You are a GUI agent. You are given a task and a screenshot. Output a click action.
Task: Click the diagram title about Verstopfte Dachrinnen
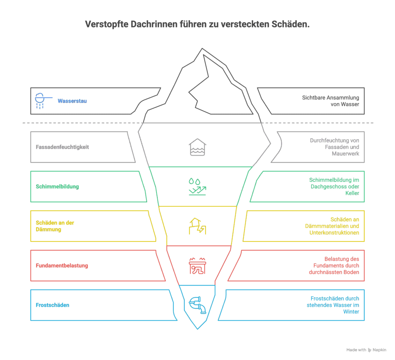point(197,25)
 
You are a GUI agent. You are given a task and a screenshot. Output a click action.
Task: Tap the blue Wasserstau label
point(72,101)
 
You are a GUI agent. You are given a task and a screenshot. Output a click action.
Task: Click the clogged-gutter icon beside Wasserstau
point(40,101)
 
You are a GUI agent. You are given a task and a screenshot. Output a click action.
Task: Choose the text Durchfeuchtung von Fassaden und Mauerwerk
point(334,147)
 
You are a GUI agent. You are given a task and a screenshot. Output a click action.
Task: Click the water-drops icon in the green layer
point(197,187)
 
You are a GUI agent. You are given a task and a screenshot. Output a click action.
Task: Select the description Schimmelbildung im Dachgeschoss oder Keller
point(334,187)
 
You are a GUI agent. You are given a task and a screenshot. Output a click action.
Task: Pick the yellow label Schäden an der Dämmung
point(55,226)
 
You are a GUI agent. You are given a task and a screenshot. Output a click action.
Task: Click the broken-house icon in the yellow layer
point(197,226)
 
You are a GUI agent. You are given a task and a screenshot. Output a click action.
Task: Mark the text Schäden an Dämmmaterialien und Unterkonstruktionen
point(334,226)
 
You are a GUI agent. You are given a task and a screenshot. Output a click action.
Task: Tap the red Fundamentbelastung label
point(62,265)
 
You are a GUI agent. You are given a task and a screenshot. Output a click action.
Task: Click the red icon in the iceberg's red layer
point(197,266)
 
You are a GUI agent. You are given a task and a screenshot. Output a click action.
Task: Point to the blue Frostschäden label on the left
point(52,305)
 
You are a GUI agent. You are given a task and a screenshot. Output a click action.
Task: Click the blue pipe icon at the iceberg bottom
point(197,304)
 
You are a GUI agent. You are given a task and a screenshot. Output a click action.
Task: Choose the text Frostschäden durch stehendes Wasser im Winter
point(334,305)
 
